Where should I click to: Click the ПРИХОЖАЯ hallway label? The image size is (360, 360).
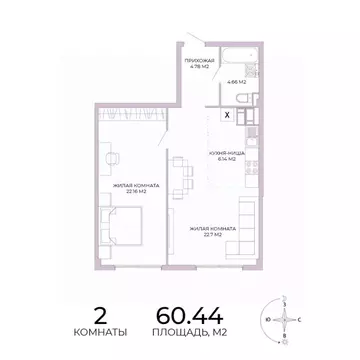point(199,59)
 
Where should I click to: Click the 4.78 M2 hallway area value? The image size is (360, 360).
point(199,66)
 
